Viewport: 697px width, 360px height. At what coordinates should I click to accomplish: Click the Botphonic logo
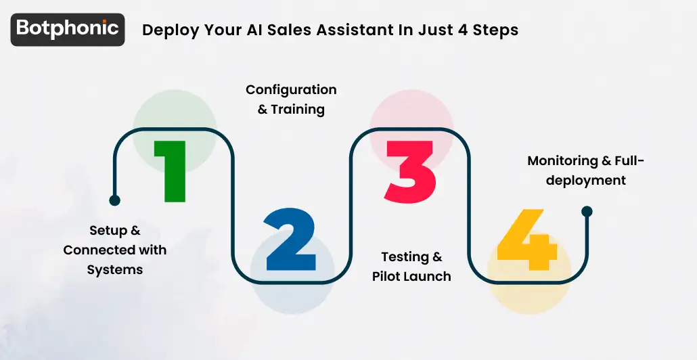pyautogui.click(x=67, y=29)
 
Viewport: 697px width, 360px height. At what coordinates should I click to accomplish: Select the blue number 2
pyautogui.click(x=290, y=240)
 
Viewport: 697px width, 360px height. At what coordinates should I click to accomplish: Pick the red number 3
pyautogui.click(x=410, y=171)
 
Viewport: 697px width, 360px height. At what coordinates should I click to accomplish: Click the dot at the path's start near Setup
pyautogui.click(x=114, y=200)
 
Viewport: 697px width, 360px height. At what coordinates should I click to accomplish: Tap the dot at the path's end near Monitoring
pyautogui.click(x=587, y=211)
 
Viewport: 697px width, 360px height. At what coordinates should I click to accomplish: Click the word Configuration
pyautogui.click(x=291, y=90)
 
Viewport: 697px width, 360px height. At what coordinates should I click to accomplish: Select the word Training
pyautogui.click(x=298, y=109)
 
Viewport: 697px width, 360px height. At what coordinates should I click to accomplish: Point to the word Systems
pyautogui.click(x=115, y=269)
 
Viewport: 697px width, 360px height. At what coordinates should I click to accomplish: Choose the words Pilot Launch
pyautogui.click(x=411, y=276)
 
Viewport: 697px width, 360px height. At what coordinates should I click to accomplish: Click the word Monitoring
pyautogui.click(x=562, y=161)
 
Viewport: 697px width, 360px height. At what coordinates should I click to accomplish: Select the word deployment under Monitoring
pyautogui.click(x=586, y=181)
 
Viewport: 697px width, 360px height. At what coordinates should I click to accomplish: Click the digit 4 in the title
pyautogui.click(x=457, y=30)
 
